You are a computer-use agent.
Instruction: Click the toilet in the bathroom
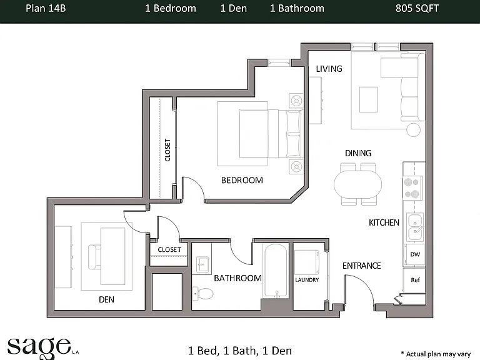pos(203,294)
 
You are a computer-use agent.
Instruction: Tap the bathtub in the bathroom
pos(276,271)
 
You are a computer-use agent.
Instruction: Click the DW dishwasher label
pos(415,254)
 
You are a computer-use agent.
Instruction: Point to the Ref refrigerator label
pos(415,280)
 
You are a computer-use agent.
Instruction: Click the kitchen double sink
pos(415,227)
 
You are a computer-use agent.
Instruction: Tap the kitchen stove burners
pos(412,188)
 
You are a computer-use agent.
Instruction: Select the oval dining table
pos(358,184)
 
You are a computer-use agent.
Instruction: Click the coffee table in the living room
pos(368,99)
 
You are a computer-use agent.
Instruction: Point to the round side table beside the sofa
pos(413,129)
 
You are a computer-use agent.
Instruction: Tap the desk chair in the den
pos(94,257)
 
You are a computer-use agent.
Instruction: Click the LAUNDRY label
pos(307,280)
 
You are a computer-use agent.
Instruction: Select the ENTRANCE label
pos(361,266)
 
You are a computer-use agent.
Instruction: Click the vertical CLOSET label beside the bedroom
pos(167,150)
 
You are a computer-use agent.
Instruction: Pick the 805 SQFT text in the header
pos(417,8)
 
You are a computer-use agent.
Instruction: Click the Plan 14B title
pos(46,8)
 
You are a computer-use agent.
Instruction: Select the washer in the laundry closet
pos(307,262)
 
